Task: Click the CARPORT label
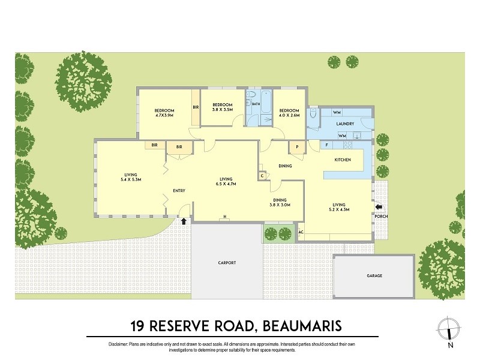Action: click(227, 263)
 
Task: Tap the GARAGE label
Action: click(374, 276)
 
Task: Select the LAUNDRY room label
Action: click(345, 124)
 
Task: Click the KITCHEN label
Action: click(342, 160)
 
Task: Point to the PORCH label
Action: click(382, 217)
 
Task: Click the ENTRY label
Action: click(179, 191)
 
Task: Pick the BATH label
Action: click(256, 104)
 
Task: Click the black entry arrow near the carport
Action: click(184, 221)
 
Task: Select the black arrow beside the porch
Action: click(378, 208)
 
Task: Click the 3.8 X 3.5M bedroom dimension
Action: click(222, 109)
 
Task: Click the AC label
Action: click(301, 232)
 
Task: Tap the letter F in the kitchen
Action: click(326, 145)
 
